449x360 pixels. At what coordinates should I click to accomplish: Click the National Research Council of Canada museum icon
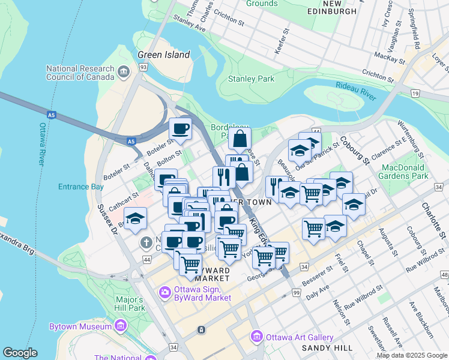coord(124,71)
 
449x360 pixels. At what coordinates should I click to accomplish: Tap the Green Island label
coord(164,55)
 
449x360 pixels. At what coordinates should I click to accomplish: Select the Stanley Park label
coord(251,79)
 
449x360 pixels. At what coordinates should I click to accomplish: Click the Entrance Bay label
coord(81,187)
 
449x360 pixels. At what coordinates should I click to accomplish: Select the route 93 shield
coord(143,68)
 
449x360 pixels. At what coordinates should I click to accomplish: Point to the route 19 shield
coord(415,93)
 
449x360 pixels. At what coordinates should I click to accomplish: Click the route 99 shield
coord(296,292)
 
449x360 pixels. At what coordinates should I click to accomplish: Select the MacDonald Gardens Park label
coord(404,172)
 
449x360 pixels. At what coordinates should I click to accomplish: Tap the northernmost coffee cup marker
coord(180,128)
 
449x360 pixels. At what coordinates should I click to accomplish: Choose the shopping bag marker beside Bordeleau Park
coord(240,139)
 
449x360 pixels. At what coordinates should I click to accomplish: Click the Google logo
coord(20,353)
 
